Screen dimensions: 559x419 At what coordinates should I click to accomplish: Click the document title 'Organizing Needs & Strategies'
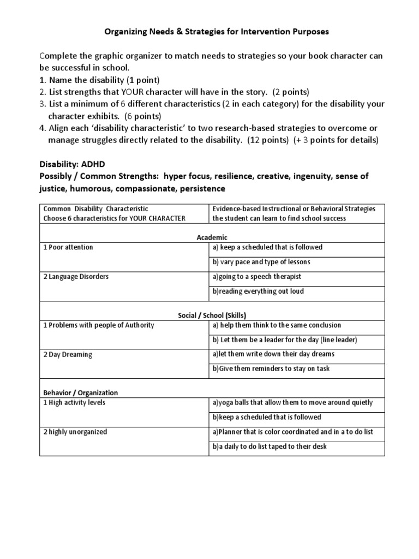pos(217,32)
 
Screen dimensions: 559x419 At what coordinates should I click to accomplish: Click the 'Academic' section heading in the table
pos(212,237)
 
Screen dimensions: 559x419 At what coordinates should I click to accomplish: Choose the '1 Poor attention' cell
pos(68,247)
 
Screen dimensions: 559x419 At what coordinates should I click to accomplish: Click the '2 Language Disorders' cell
pos(76,277)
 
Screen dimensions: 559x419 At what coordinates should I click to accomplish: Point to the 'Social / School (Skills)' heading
pos(212,315)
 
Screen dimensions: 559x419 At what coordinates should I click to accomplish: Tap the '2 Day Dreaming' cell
pos(68,354)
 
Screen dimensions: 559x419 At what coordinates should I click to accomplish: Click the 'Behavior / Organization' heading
pos(80,393)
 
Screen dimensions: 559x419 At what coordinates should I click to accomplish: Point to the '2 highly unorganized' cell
pos(75,432)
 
